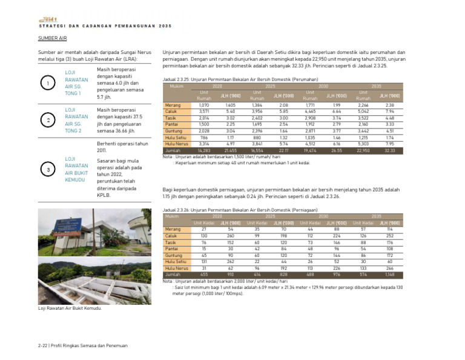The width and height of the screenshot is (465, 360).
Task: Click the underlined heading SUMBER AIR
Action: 52,38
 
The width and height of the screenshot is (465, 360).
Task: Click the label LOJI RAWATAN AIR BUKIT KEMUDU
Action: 76,169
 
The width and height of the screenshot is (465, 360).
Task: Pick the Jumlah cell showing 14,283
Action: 204,150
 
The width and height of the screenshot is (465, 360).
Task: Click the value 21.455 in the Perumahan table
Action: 230,150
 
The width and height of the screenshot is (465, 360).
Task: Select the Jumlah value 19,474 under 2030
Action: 310,150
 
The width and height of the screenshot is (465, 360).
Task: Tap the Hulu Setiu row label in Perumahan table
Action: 176,138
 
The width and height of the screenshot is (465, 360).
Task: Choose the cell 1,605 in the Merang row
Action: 230,105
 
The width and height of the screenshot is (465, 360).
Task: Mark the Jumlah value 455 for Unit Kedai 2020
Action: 204,275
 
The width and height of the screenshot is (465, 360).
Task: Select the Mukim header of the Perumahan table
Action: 177,87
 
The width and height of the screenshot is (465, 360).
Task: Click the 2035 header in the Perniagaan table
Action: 376,216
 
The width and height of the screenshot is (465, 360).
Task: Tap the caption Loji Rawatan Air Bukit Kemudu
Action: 69,308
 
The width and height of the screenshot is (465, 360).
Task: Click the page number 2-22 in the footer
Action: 42,345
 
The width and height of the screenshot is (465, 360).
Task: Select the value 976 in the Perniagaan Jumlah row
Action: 337,275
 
